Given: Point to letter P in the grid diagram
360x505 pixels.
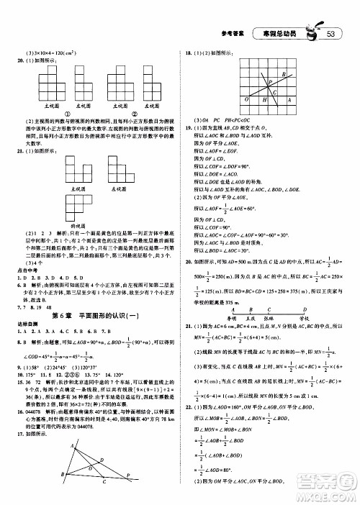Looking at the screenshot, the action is point(271,82).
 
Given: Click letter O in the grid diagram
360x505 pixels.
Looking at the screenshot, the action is point(247,100).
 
